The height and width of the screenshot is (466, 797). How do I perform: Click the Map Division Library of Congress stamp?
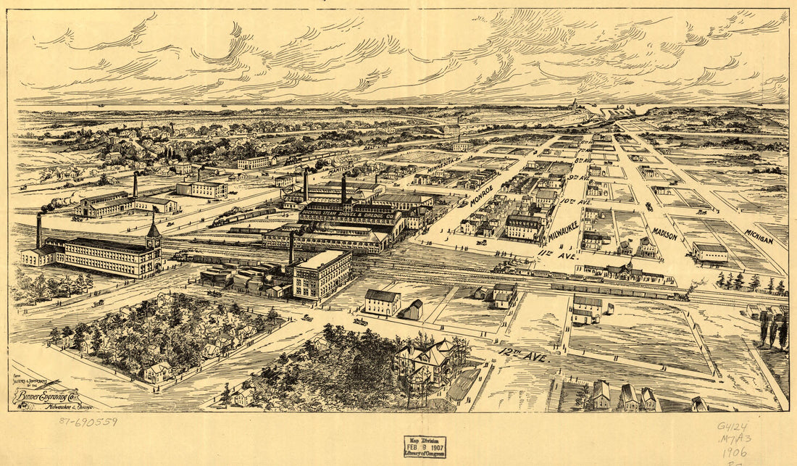tap(425, 446)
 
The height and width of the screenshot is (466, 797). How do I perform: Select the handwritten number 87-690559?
tap(88, 421)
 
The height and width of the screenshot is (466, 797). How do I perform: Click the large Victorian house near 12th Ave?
tap(428, 361)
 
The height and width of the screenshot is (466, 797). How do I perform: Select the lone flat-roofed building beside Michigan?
tap(710, 251)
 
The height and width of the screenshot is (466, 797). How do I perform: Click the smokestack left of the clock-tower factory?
tap(39, 230)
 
